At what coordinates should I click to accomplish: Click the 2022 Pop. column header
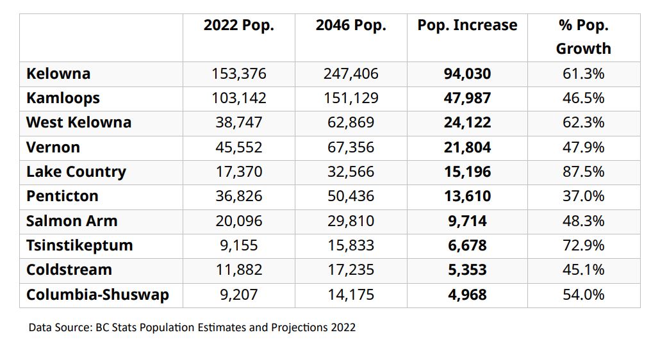pos(238,26)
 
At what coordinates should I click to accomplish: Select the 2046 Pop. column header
pos(351,26)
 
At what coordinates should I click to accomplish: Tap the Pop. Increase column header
pos(467,26)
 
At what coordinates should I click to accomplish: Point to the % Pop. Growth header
pos(583,37)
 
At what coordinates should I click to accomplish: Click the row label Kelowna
pos(58,74)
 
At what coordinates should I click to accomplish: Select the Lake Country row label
pos(76,172)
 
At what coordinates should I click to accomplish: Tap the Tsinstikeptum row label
pos(79,245)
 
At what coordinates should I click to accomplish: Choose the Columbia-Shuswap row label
pos(97,295)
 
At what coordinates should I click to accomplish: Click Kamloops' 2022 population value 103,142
pos(238,98)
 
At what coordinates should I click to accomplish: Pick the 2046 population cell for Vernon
pos(351,147)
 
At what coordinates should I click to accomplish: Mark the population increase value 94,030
pos(467,74)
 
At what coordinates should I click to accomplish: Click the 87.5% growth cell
pos(583,172)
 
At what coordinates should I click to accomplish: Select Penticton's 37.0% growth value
pos(583,196)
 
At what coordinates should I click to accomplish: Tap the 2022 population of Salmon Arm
pos(238,221)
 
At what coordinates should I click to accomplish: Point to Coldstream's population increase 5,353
pos(467,270)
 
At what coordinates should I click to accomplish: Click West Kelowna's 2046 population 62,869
pos(351,122)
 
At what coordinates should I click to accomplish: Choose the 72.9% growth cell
pos(583,245)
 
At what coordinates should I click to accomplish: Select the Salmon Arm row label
pos(72,221)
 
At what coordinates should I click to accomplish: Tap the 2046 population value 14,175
pos(351,295)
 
